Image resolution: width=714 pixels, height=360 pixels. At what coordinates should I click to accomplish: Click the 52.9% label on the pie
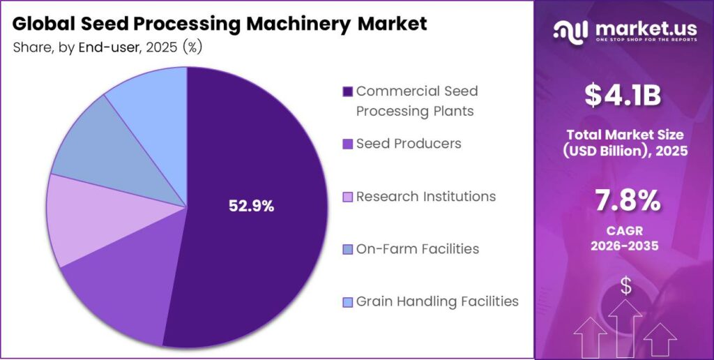tap(252, 206)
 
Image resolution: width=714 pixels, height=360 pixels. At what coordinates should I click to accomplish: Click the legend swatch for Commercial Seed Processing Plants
tap(347, 92)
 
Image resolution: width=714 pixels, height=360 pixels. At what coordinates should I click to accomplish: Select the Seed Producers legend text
tap(409, 144)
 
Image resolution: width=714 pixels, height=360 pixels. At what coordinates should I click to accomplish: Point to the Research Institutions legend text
tap(425, 197)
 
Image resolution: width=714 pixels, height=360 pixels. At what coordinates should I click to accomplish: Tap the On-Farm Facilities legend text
tap(417, 249)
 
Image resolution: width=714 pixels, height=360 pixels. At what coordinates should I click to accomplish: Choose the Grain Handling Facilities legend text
tap(437, 301)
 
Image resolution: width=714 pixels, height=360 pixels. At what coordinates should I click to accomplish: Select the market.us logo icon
tap(570, 31)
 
